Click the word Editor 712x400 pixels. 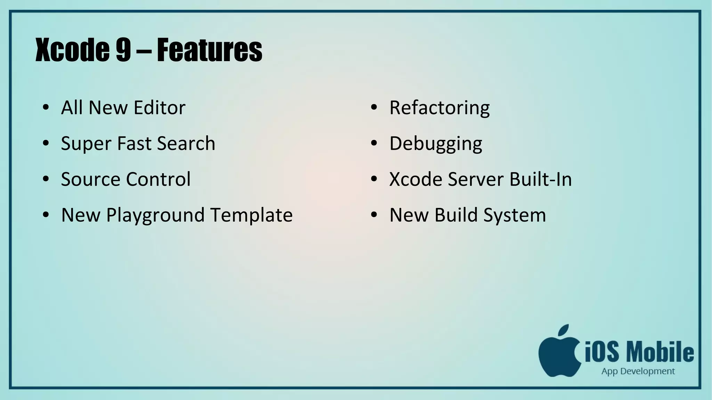(159, 108)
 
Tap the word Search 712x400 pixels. (186, 143)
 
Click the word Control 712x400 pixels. (158, 179)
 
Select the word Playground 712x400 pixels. (155, 215)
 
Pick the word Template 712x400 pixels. (252, 215)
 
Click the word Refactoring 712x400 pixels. (439, 108)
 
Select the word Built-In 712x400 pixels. (541, 179)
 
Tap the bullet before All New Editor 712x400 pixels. (46, 107)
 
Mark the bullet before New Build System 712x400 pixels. (374, 215)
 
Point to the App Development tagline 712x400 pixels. (638, 372)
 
